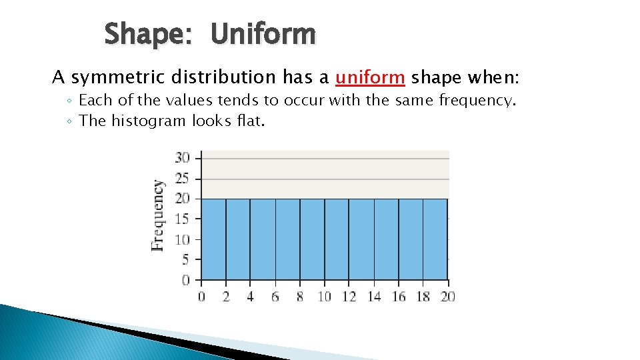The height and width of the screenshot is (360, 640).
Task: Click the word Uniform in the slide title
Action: click(x=263, y=34)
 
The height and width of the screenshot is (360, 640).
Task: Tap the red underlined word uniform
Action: click(x=370, y=78)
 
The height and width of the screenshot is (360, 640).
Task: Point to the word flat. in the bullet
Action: click(x=247, y=121)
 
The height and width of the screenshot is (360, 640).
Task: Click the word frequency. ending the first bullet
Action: click(x=477, y=101)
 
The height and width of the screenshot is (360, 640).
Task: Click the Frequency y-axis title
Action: click(x=158, y=215)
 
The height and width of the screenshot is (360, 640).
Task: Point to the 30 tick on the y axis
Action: click(x=182, y=158)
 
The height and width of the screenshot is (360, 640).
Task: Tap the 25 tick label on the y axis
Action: click(x=182, y=178)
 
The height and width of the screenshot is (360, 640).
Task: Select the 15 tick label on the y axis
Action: click(x=182, y=219)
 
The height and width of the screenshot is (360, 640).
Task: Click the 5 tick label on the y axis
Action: click(x=185, y=260)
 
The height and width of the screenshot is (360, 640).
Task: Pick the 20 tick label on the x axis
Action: click(x=447, y=297)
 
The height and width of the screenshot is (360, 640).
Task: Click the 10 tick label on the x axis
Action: click(x=324, y=297)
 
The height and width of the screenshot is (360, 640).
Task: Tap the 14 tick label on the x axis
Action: click(x=373, y=297)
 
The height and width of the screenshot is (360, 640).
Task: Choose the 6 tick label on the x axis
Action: click(x=275, y=297)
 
